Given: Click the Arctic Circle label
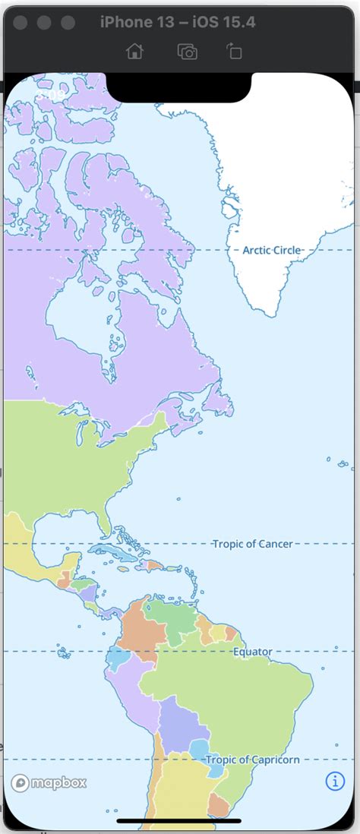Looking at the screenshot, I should [272, 250].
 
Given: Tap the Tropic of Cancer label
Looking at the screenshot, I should [252, 544].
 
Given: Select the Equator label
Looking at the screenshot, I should [252, 652].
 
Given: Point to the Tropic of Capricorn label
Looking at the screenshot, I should [252, 760].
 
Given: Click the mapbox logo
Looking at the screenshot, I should [49, 782].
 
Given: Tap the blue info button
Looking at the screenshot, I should [335, 781].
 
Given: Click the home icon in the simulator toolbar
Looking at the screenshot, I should [134, 51].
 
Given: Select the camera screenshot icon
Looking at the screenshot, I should [187, 51].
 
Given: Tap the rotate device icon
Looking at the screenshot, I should [233, 51].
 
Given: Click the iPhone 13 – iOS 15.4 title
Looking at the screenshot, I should [178, 22].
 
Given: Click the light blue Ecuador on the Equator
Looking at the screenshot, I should [117, 657].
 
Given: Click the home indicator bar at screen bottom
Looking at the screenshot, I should [179, 820].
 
